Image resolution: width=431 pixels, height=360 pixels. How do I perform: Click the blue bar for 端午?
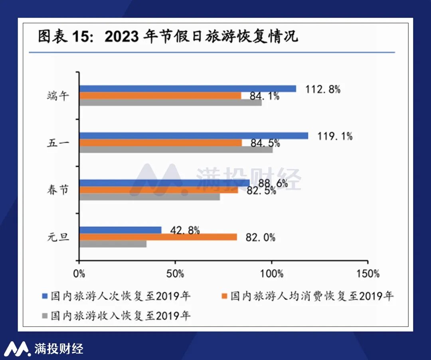(188, 89)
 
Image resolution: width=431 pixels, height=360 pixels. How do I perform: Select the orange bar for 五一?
(160, 143)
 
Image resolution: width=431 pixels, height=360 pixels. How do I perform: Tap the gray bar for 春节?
(150, 197)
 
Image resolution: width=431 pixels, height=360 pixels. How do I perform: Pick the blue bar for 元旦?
(121, 230)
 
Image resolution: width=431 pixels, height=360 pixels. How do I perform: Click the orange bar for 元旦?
(158, 237)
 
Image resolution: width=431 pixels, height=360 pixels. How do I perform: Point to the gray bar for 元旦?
(113, 244)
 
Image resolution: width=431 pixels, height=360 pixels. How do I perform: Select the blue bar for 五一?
(194, 136)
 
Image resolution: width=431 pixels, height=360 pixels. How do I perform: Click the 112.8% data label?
(323, 89)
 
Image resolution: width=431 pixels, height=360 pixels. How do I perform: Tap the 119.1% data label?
(335, 136)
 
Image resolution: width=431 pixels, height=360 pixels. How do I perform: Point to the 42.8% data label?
(185, 230)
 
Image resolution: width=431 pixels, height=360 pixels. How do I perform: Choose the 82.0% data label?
(260, 238)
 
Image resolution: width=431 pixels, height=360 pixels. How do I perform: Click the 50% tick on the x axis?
(176, 274)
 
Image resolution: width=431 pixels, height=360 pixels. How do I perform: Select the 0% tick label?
(79, 274)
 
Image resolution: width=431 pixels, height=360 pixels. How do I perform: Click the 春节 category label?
(58, 190)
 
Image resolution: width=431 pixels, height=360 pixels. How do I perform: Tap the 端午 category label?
(58, 96)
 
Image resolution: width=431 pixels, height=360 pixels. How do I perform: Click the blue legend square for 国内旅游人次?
(45, 296)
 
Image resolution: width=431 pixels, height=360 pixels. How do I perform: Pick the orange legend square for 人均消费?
(224, 296)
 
